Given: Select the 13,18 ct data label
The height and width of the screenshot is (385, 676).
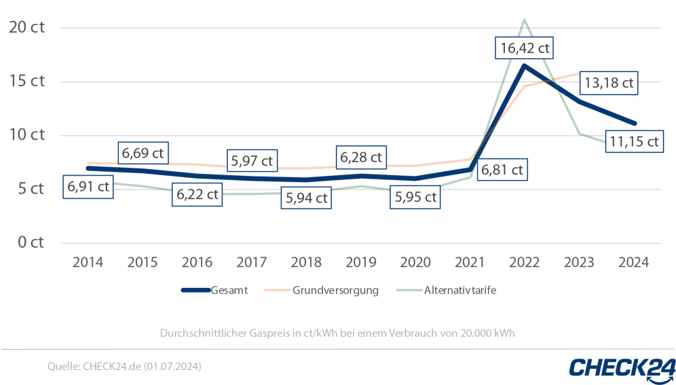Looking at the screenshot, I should pos(608,83).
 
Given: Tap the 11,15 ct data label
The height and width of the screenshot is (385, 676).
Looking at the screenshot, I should pos(633,141).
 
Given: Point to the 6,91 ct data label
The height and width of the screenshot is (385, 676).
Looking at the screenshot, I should pos(88,187).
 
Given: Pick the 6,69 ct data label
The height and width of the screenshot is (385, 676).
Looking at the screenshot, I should pos(143,153).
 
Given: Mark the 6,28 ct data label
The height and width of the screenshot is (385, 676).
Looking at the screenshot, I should pos(361,157).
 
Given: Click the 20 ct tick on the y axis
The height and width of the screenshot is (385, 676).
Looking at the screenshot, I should pos(26,27).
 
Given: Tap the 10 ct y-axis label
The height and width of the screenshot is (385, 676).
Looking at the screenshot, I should pos(26,134).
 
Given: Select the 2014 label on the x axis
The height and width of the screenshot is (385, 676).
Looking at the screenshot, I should pos(88,262).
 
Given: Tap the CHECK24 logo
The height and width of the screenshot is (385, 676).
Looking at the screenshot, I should pos(622,367).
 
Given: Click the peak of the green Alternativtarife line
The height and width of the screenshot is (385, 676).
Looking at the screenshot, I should pos(524,20).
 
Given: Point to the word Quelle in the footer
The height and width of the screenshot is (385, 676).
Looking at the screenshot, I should pos(63,367).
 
